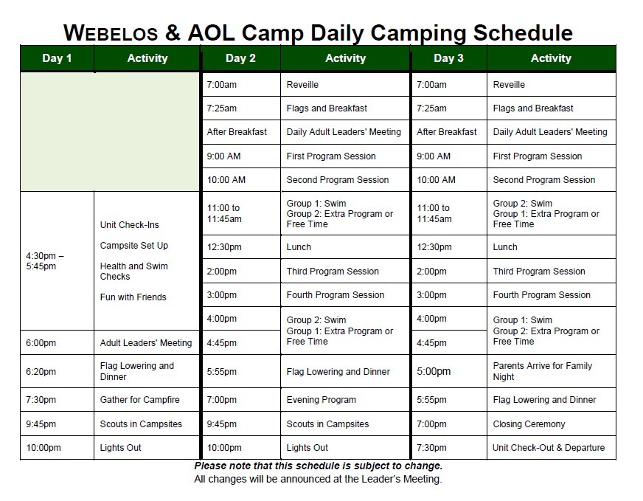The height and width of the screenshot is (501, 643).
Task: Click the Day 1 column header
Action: pyautogui.click(x=57, y=58)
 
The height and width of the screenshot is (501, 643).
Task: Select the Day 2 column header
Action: pyautogui.click(x=240, y=58)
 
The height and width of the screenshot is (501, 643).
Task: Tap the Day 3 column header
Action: pyautogui.click(x=448, y=58)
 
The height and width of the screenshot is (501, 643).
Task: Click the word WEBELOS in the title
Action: pyautogui.click(x=111, y=32)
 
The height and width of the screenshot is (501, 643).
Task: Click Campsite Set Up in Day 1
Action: pyautogui.click(x=134, y=246)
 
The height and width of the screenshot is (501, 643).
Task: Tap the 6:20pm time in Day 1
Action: pyautogui.click(x=41, y=372)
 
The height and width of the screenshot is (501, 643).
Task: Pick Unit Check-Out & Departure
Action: pyautogui.click(x=549, y=448)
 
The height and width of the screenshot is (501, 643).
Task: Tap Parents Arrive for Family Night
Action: pyautogui.click(x=543, y=371)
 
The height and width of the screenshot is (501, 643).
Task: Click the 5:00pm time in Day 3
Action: pyautogui.click(x=434, y=371)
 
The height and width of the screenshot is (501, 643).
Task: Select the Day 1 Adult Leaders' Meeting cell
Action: pyautogui.click(x=146, y=342)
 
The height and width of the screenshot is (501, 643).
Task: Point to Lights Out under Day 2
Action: pyautogui.click(x=307, y=448)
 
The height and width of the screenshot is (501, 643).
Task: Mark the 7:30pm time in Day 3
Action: pyautogui.click(x=431, y=448)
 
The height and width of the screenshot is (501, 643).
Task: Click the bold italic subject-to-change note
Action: pyautogui.click(x=319, y=466)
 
